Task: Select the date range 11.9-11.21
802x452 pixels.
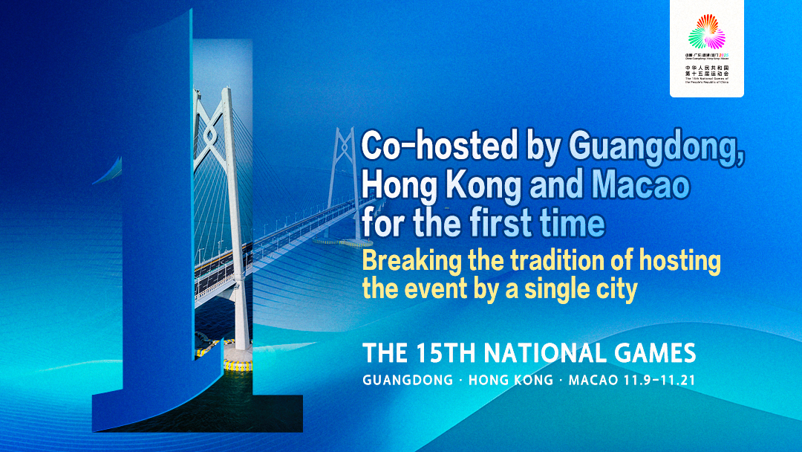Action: pos(660,380)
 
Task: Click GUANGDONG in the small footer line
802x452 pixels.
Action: pos(408,380)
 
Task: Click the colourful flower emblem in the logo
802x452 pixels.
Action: pos(706,33)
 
